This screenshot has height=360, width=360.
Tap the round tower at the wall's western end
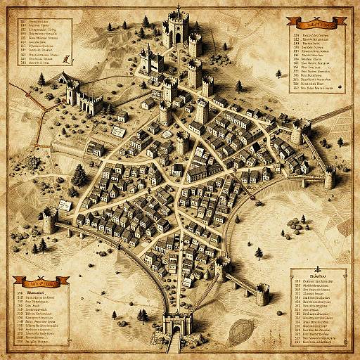click(x=49, y=221)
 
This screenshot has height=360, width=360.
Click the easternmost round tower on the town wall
click(x=328, y=178)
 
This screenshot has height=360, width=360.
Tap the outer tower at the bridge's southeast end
click(x=262, y=294)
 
